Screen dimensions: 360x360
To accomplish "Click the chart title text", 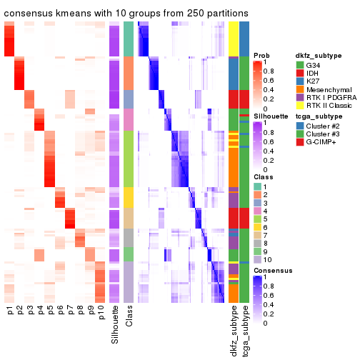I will (x=127, y=14).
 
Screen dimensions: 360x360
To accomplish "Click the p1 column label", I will (x=10, y=312).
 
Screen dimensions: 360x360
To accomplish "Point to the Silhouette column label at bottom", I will (x=114, y=326).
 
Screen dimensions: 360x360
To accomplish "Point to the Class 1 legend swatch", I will (x=257, y=186).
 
